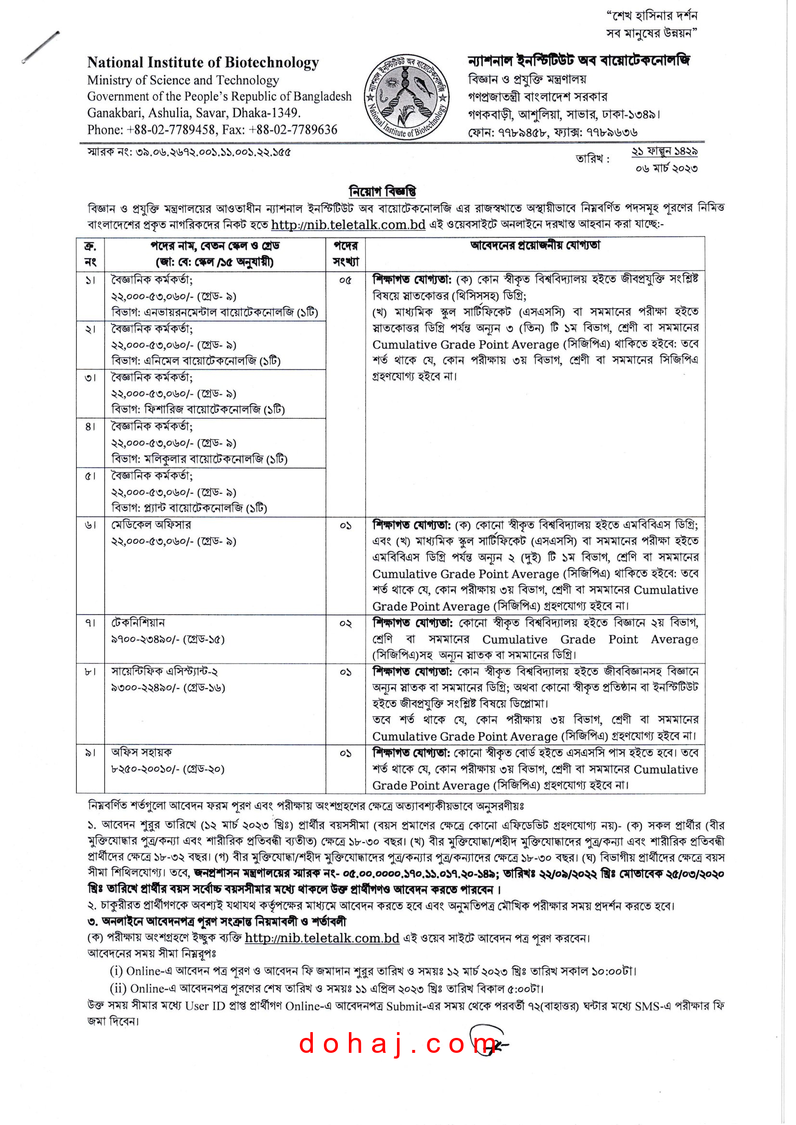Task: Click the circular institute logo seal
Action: point(407,97)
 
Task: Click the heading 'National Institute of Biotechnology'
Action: point(203,63)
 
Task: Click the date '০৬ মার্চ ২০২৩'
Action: point(666,168)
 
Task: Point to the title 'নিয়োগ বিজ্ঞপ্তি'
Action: point(382,191)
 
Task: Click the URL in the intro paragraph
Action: point(348,225)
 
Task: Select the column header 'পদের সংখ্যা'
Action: point(346,254)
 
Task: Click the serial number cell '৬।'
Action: point(90,525)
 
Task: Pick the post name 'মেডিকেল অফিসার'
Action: point(151,525)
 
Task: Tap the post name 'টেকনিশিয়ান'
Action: point(138,623)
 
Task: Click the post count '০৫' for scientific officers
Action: point(346,281)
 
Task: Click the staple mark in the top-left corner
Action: point(40,47)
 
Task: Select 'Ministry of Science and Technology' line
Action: point(183,80)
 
